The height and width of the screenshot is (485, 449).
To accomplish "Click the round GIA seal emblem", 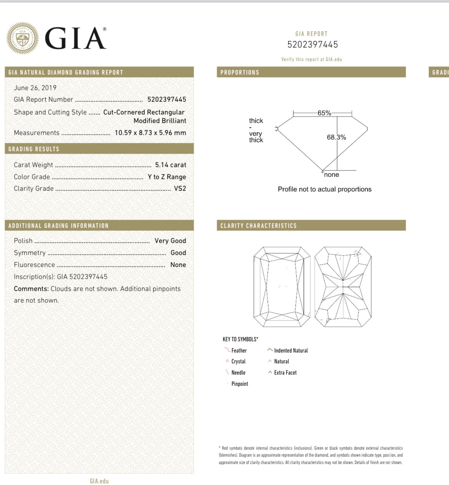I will coord(22,38).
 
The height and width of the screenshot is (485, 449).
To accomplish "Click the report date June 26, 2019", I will coord(35,88).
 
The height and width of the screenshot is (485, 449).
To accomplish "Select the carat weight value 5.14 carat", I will coord(170,165).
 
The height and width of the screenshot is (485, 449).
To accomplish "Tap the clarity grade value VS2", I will coord(180,189).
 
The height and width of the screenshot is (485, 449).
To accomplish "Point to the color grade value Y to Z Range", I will coord(167,177).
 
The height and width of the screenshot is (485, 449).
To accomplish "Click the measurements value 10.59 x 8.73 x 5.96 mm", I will coord(150,133).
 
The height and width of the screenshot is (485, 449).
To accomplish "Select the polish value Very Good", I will coord(170,241).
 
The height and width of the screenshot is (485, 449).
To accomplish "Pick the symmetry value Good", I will coord(178,253).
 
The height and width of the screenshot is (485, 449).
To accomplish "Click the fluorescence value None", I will coord(178,265).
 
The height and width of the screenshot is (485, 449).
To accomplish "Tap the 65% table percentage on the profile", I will coord(324,113).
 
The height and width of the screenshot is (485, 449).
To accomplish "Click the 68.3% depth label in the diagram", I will coord(336,137).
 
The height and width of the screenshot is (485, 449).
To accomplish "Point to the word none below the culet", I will coord(332,175).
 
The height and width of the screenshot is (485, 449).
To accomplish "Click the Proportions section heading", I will coord(240,72).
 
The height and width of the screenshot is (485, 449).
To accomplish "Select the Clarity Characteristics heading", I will coord(258,226).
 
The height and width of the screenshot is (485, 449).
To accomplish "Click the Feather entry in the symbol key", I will coord(239,351).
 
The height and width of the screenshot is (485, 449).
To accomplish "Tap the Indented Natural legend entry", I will coord(291,351).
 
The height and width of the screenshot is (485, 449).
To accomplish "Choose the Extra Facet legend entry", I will coord(285,373).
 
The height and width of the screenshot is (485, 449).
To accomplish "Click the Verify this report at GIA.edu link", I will coord(311,60).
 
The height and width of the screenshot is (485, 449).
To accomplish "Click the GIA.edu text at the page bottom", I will coord(99,481).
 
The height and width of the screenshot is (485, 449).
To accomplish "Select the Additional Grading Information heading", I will coord(58,226).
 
